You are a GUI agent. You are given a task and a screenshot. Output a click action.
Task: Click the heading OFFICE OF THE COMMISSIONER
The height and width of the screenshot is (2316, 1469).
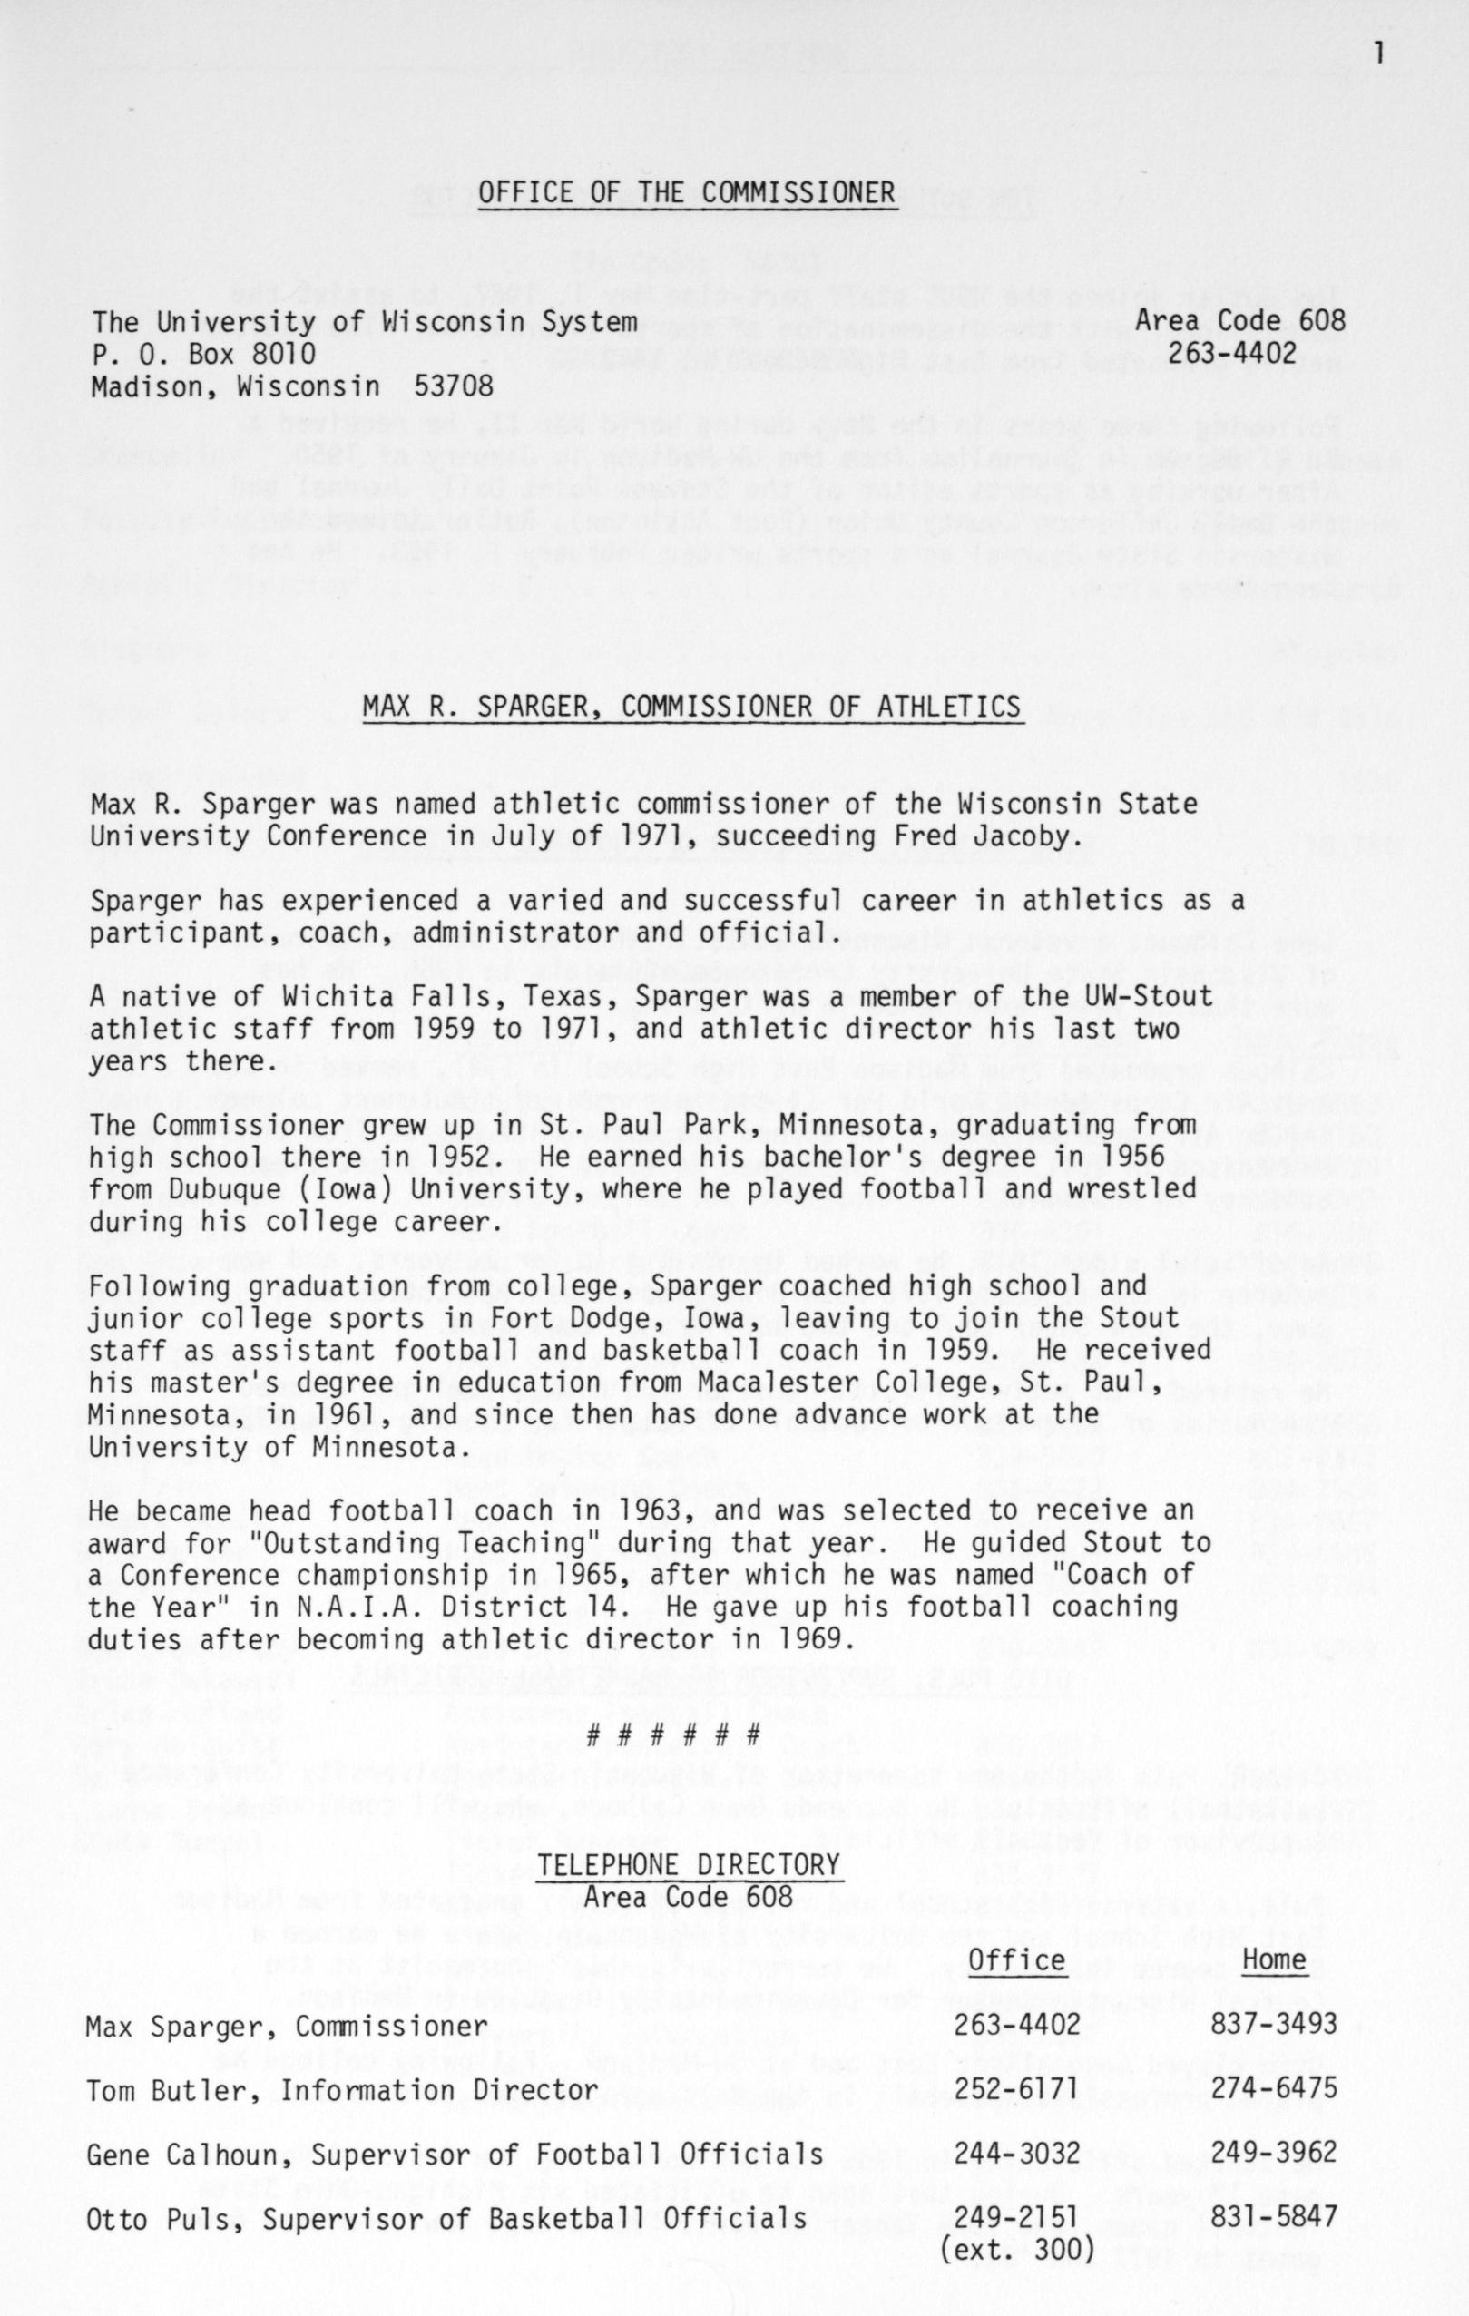(x=687, y=193)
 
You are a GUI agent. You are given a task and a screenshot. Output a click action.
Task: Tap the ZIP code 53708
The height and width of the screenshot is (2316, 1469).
(x=453, y=386)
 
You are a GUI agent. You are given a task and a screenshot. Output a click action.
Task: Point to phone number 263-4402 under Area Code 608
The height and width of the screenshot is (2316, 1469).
(x=1232, y=354)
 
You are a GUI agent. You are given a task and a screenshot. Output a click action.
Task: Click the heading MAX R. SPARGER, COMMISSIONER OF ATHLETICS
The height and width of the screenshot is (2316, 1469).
(x=690, y=707)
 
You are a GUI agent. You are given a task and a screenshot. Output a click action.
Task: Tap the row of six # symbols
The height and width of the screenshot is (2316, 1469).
(x=673, y=1736)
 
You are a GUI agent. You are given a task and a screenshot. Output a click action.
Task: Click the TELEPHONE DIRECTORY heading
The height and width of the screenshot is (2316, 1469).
(x=689, y=1866)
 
